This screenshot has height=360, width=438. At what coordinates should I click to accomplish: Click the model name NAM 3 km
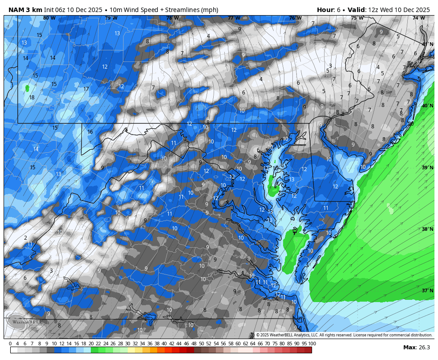[x=25, y=10]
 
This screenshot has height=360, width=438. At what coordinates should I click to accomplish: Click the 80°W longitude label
[x=49, y=18]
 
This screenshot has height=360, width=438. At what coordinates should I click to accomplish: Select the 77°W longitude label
[x=234, y=18]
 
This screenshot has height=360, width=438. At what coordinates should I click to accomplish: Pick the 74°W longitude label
[x=418, y=18]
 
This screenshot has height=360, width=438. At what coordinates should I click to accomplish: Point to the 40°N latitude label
[x=427, y=106]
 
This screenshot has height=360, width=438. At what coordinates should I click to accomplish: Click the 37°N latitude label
[x=427, y=290]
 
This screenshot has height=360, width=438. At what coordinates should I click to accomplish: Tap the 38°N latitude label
[x=427, y=229]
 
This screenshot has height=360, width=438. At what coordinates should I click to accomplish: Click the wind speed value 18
[x=32, y=98]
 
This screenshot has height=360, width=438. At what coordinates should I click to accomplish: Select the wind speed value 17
[x=86, y=89]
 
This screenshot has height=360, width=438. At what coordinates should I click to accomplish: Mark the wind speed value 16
[x=90, y=132]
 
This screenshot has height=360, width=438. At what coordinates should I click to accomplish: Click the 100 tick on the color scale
[x=312, y=344]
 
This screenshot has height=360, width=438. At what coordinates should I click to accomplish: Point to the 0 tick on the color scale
[x=10, y=344]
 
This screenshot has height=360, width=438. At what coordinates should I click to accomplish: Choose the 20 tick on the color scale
[x=91, y=344]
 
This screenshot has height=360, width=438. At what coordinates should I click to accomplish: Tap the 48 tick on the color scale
[x=193, y=344]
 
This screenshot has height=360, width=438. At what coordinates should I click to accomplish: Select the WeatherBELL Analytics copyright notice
[x=344, y=335]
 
